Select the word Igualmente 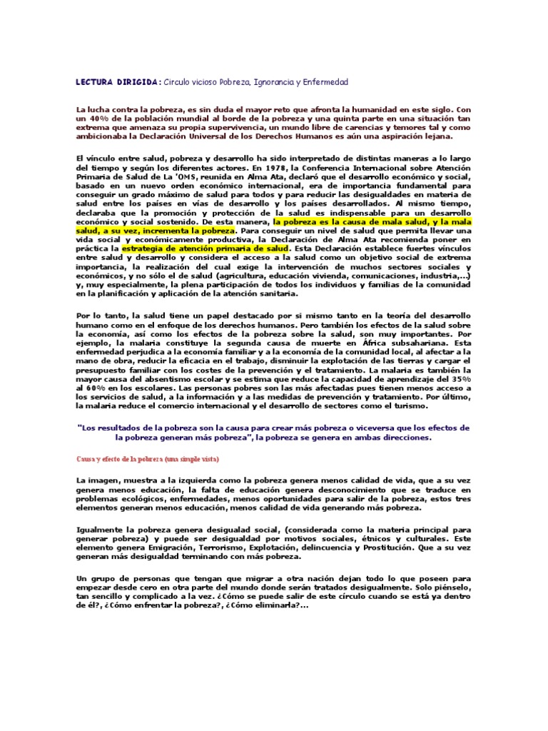click(101, 529)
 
